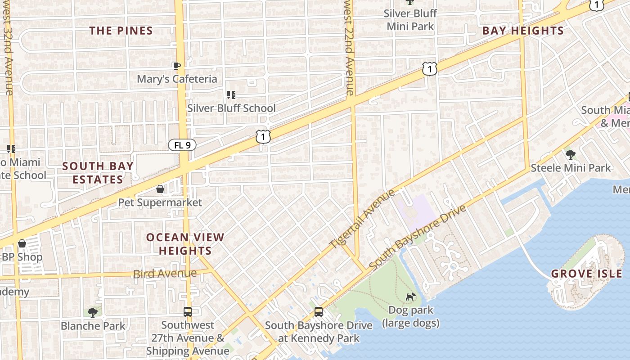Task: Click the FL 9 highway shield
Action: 182,145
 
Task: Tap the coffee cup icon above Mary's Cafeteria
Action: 177,66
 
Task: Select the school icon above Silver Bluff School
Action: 231,94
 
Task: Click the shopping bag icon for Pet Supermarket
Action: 160,189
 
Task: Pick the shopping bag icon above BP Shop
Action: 22,243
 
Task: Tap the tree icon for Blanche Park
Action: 93,312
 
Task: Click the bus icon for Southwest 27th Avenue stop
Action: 187,311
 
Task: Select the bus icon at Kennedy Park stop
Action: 318,311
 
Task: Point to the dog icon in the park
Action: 410,297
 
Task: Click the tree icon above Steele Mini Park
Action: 571,155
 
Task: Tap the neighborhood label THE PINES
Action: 121,31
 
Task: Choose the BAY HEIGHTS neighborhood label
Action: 523,31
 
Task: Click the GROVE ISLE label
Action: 587,274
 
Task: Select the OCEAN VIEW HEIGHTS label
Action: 185,244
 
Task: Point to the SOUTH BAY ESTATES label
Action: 98,173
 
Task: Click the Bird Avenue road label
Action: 165,274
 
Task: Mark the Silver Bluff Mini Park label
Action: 410,20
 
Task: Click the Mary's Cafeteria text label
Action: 177,79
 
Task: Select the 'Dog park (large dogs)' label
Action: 410,316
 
